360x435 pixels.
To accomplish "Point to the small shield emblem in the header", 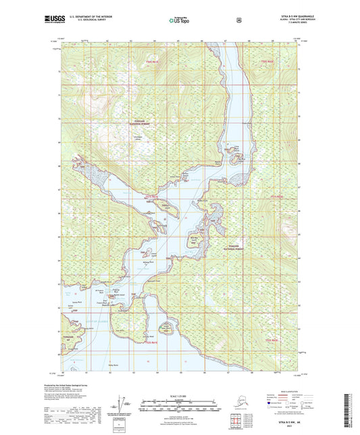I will coord(238,21).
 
